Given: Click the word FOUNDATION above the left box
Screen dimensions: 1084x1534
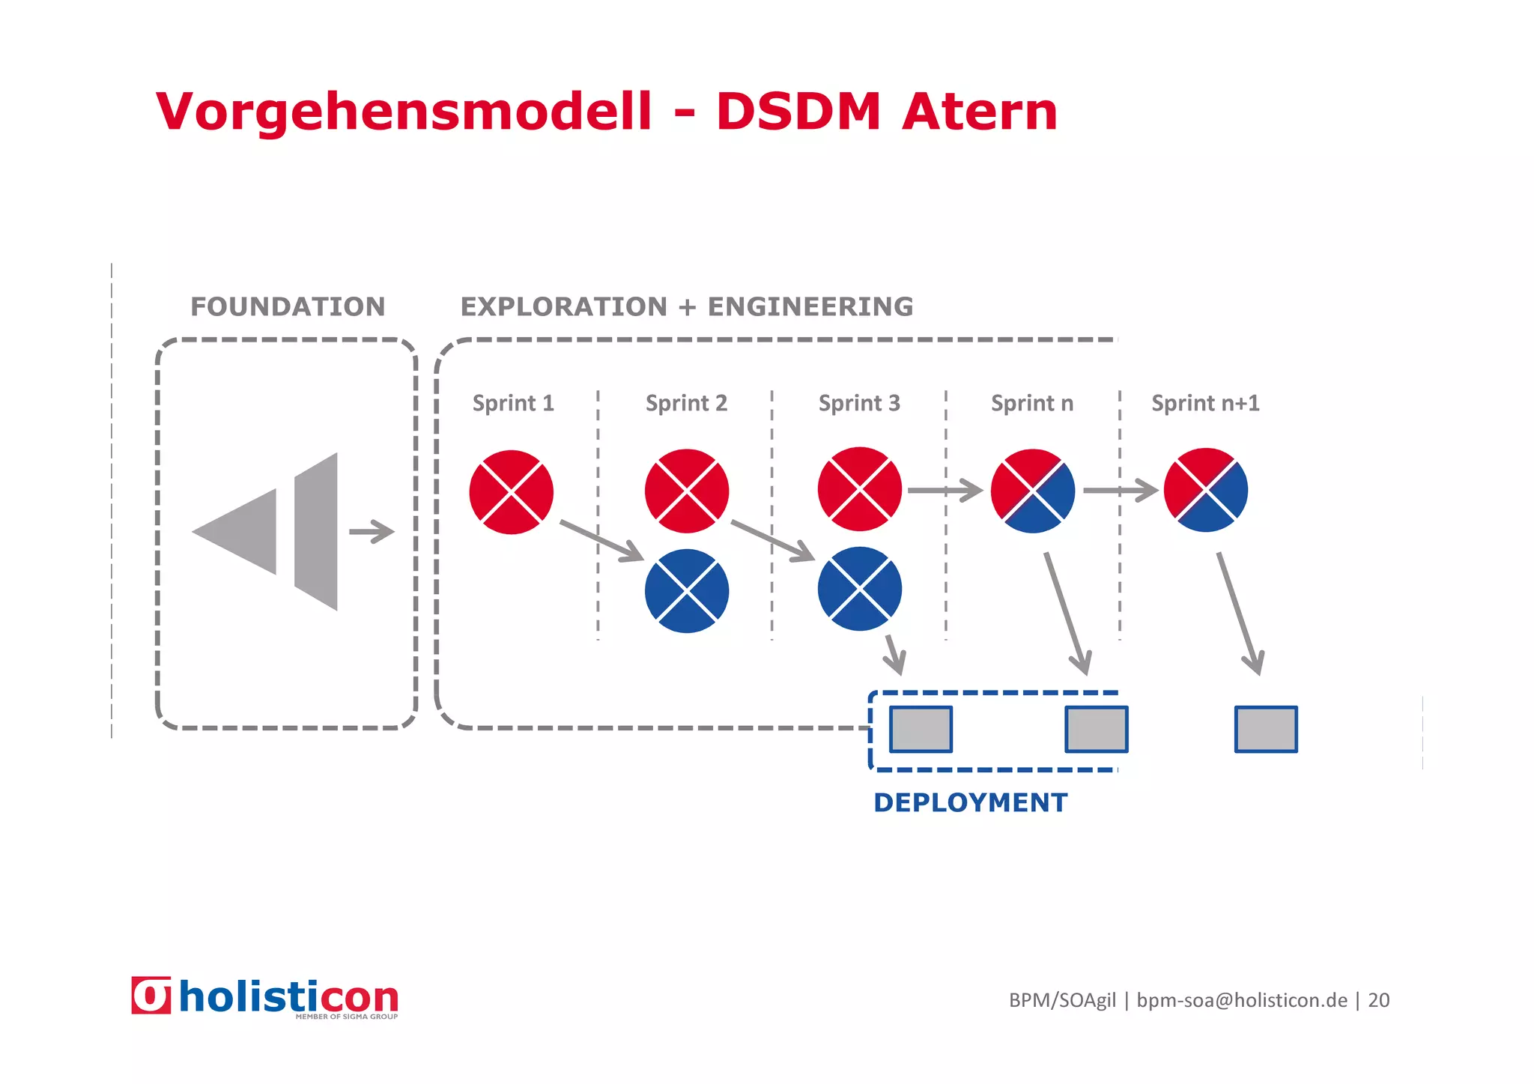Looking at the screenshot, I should click(x=288, y=306).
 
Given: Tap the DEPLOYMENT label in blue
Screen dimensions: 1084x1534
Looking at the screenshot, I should click(x=970, y=802).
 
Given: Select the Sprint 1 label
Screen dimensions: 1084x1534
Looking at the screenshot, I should click(x=513, y=403).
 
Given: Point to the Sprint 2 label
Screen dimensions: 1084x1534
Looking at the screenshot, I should click(x=686, y=403).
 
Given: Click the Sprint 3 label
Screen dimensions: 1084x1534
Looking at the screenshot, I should click(x=859, y=403).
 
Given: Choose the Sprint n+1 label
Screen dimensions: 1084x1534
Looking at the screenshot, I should click(x=1205, y=403).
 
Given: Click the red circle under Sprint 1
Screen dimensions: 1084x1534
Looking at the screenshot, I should click(x=512, y=492).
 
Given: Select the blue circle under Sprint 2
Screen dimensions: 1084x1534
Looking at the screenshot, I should click(x=686, y=591).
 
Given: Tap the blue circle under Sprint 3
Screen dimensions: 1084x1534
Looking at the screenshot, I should click(x=860, y=589).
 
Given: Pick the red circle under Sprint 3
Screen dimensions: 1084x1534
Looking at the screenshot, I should click(x=860, y=489).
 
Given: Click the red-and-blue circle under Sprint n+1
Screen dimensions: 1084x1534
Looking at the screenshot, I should click(x=1206, y=491).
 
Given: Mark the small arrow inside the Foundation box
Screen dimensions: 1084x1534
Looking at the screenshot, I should click(x=372, y=532).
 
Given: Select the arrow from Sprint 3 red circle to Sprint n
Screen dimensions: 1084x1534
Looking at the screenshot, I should click(x=945, y=491).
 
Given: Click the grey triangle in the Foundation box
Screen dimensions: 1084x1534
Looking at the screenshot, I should click(x=236, y=532).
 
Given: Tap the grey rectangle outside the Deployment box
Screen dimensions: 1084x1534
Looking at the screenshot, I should click(x=1266, y=729).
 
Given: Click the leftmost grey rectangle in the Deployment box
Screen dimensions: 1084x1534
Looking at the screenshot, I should click(x=921, y=729).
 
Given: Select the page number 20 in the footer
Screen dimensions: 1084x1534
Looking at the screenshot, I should click(x=1378, y=1000).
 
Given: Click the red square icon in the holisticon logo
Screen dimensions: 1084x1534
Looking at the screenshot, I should click(x=151, y=996).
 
